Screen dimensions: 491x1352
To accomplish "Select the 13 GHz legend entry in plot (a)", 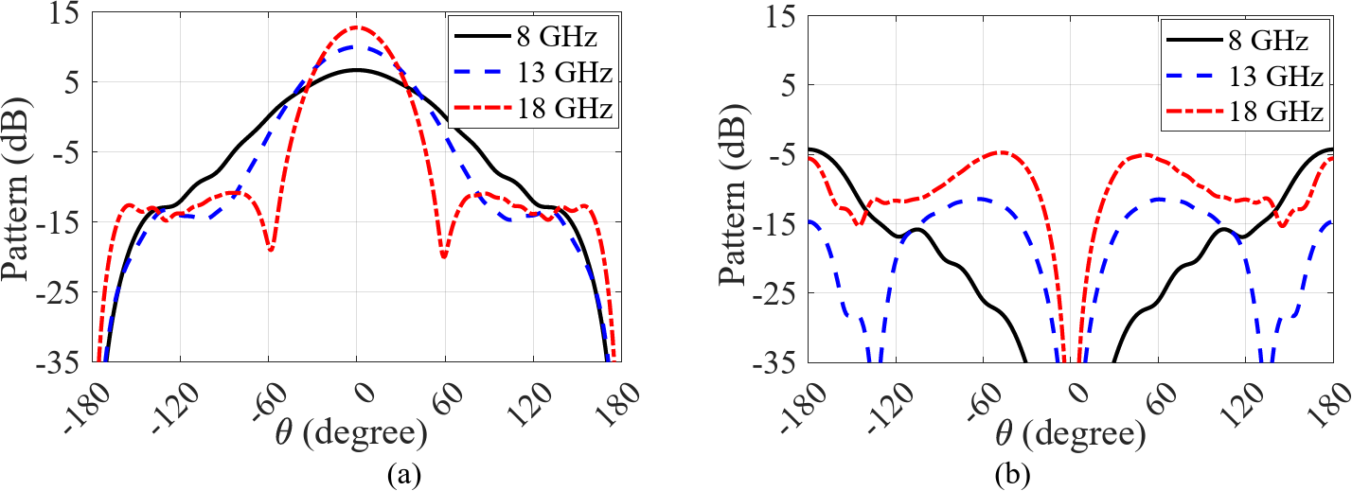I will pyautogui.click(x=530, y=75).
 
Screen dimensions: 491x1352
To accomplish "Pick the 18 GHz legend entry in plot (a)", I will pyautogui.click(x=530, y=111).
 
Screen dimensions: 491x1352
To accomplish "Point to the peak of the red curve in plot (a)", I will pyautogui.click(x=357, y=27).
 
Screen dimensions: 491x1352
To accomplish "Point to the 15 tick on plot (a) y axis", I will pyautogui.click(x=73, y=14).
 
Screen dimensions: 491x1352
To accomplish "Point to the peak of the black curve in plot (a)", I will pyautogui.click(x=357, y=70).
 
